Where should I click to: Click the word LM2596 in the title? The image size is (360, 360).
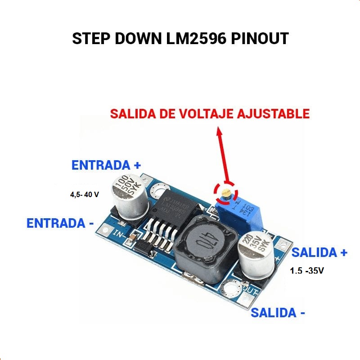coord(194,39)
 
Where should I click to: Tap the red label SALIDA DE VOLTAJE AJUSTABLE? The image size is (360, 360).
coord(210,113)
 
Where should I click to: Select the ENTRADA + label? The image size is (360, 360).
coord(107,166)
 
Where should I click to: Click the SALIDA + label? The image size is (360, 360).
coord(319,253)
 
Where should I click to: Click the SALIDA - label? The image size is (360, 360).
coord(278,313)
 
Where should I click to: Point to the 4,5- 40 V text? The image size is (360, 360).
coord(84,195)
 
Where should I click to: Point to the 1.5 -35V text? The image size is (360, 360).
coord(307,271)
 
